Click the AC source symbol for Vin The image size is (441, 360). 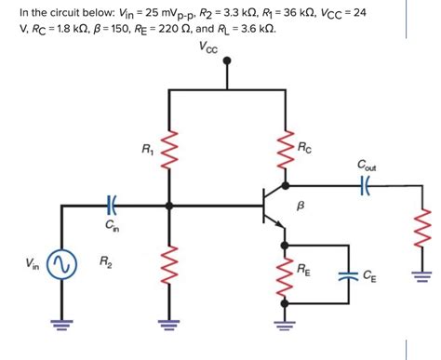click(x=63, y=267)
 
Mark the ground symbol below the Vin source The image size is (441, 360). click(x=63, y=325)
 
